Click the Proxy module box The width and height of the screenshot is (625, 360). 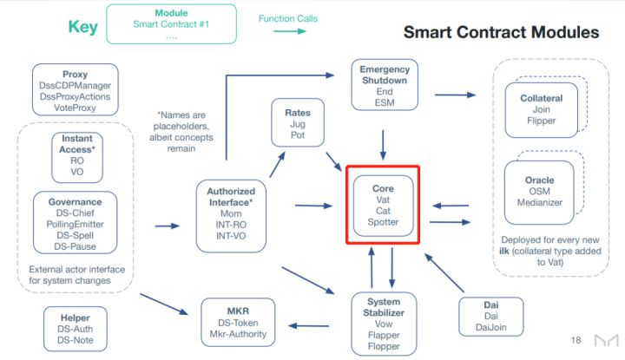click(x=76, y=89)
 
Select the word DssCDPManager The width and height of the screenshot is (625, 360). click(x=75, y=86)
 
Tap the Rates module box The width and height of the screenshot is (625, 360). click(x=298, y=122)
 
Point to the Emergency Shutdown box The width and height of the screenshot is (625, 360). click(x=385, y=85)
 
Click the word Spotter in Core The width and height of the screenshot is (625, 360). click(x=383, y=222)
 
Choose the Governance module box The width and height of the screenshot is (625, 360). click(x=76, y=223)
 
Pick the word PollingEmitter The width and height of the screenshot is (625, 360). click(x=75, y=224)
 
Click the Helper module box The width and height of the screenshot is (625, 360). click(x=76, y=329)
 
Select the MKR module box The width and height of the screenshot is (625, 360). click(x=238, y=322)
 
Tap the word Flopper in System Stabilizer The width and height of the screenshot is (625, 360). click(x=384, y=346)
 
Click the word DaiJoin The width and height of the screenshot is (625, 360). click(x=491, y=327)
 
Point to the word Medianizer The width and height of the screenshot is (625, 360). click(x=540, y=203)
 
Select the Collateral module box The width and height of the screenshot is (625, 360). click(x=542, y=110)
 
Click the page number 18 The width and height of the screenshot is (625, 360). click(x=576, y=340)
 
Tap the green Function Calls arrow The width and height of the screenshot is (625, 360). click(x=290, y=31)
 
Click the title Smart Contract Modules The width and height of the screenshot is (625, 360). click(x=501, y=32)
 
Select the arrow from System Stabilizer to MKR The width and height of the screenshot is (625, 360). click(x=308, y=326)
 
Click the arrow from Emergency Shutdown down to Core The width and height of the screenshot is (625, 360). click(x=383, y=145)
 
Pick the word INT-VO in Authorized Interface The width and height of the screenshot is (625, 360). click(x=231, y=236)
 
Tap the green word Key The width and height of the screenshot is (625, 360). click(x=83, y=27)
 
